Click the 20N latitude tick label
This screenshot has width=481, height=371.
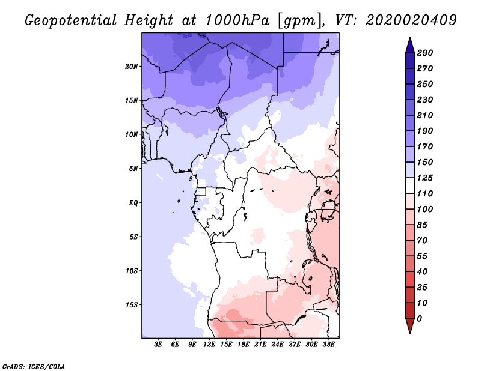(x=132, y=66)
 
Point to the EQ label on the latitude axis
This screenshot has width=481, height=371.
(x=133, y=202)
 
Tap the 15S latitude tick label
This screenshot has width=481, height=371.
(x=132, y=304)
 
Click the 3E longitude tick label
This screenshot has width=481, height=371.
(x=159, y=345)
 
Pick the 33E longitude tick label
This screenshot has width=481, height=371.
(x=328, y=345)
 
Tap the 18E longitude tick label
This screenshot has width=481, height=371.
(x=244, y=345)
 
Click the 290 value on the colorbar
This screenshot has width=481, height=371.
(x=424, y=53)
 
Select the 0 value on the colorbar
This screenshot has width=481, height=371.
(x=420, y=318)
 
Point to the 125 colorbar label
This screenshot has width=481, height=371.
(x=424, y=178)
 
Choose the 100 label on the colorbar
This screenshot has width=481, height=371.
(x=424, y=209)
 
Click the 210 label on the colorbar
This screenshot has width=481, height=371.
(x=424, y=115)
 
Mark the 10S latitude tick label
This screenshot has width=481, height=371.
(x=132, y=270)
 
